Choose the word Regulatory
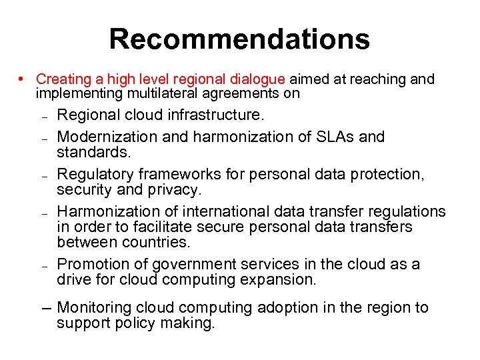(95, 174)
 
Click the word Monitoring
(94, 307)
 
